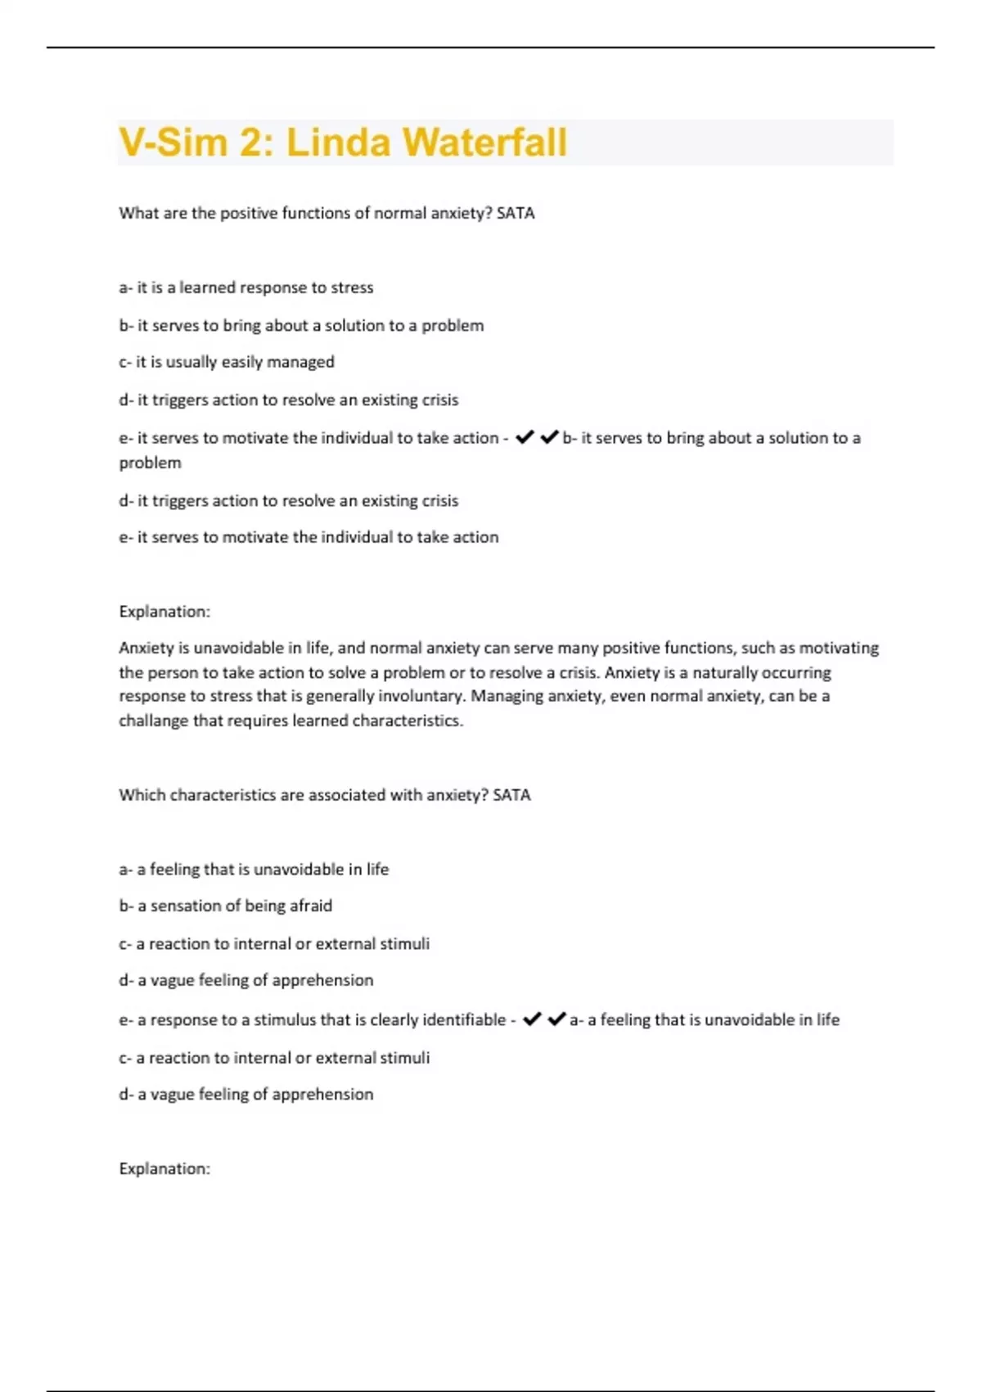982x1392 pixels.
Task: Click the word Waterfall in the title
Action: pos(484,142)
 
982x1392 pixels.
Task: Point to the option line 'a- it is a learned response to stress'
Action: pos(245,287)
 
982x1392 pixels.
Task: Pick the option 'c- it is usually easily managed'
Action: pos(227,362)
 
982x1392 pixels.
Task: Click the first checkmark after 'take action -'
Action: pos(525,437)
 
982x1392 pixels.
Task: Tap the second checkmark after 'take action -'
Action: pos(549,437)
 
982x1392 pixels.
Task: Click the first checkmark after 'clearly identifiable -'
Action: pos(532,1019)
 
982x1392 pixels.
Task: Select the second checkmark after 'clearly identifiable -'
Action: pos(556,1019)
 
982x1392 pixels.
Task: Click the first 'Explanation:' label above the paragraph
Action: pos(164,612)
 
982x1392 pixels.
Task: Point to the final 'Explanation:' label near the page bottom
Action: pos(164,1168)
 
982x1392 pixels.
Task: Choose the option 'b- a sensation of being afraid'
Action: pos(225,906)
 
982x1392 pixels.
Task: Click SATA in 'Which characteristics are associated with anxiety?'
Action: pos(511,795)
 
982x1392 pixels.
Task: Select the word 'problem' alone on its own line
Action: pos(150,463)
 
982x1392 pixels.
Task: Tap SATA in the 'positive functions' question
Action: pos(516,213)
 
